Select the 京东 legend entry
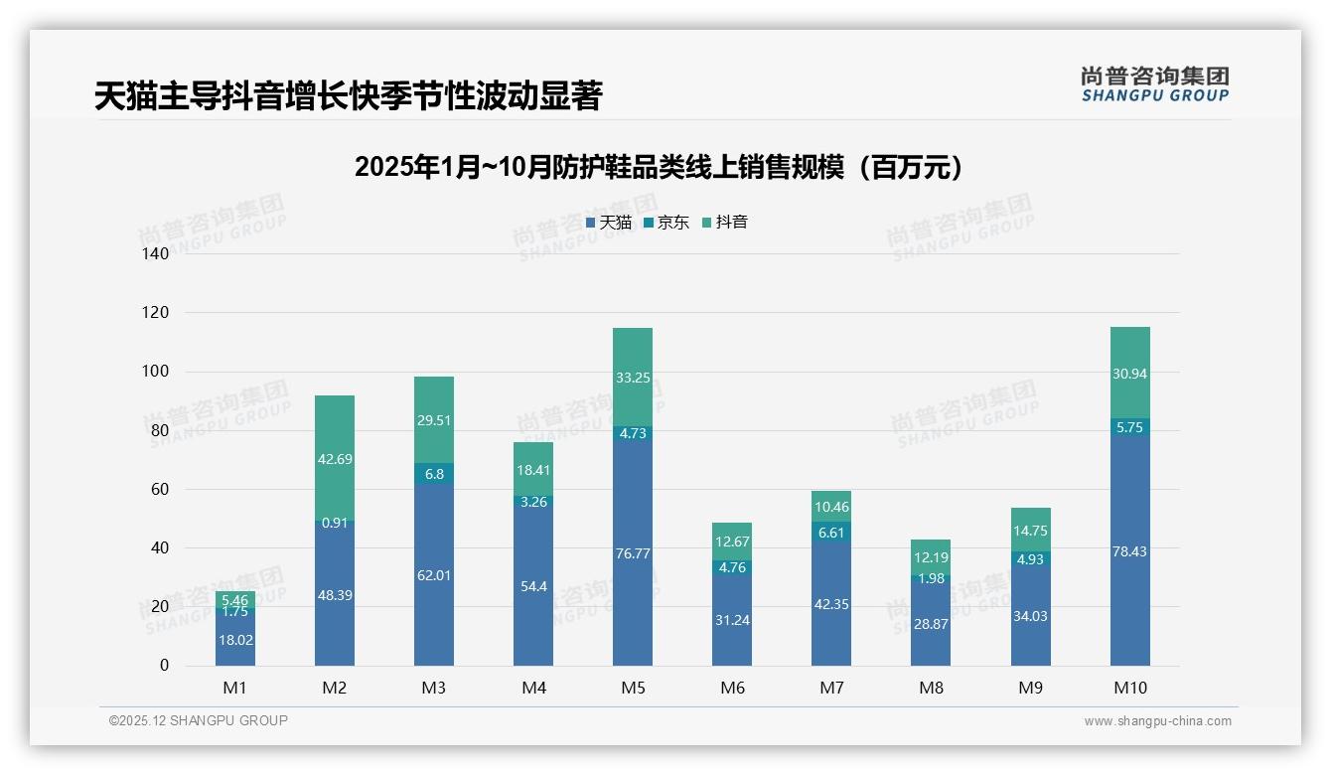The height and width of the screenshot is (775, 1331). (665, 223)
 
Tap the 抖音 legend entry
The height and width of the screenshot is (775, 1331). (724, 223)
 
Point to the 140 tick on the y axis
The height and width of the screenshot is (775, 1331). (156, 253)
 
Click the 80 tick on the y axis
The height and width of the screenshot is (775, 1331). (160, 430)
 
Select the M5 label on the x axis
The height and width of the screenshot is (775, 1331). (633, 688)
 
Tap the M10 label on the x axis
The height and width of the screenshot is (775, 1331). (1129, 688)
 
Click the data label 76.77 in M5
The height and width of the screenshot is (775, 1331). (633, 553)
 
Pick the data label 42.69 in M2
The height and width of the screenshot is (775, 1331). (335, 459)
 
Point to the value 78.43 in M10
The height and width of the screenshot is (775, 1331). (1129, 551)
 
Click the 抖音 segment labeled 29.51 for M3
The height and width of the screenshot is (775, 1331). (434, 420)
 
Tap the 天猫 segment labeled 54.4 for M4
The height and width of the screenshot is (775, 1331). (533, 587)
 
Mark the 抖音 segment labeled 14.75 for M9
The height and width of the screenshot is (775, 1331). (1030, 530)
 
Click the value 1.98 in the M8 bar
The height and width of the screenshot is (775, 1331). (931, 579)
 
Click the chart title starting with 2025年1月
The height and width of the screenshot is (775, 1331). (659, 167)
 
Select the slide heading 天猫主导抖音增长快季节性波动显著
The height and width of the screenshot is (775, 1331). (348, 96)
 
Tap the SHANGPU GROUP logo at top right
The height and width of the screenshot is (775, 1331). (1154, 84)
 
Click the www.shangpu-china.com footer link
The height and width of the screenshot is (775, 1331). (1157, 721)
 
